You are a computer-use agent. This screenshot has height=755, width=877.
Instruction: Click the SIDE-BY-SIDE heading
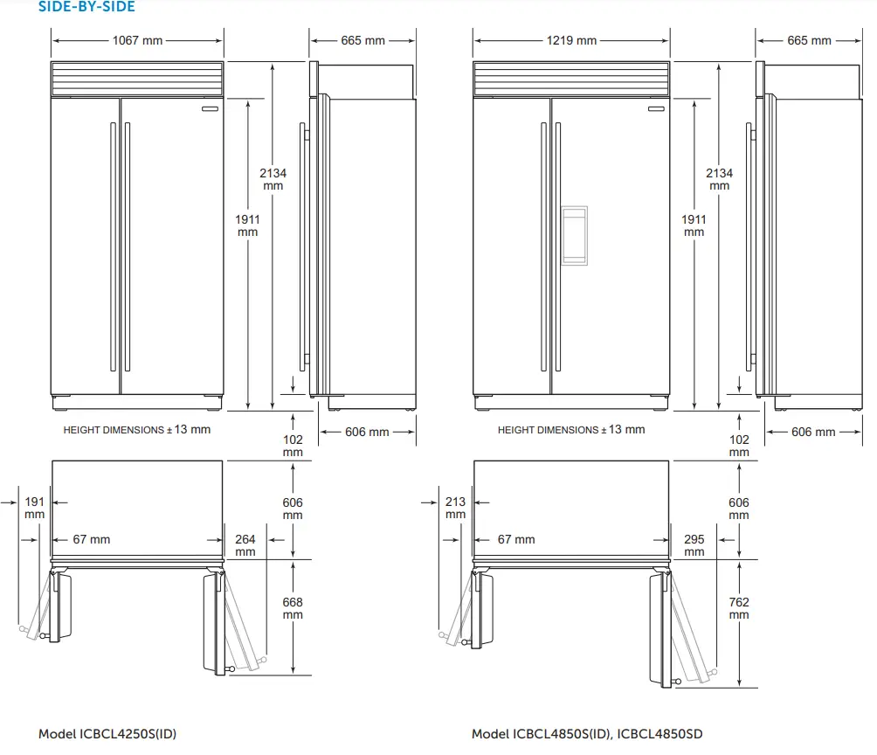click(86, 7)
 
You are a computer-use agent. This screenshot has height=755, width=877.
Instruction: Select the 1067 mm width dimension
click(137, 40)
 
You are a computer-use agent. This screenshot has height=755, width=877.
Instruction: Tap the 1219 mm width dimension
click(571, 40)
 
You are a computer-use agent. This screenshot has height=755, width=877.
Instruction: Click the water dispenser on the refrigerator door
click(574, 234)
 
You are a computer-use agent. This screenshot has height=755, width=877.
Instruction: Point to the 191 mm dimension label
click(34, 508)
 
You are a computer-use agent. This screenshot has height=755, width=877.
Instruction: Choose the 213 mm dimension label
click(455, 508)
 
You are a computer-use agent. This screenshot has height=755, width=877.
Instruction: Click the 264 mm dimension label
click(245, 545)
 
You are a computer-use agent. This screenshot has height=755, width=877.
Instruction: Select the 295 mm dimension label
click(694, 545)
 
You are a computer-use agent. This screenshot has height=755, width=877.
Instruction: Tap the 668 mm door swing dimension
click(293, 608)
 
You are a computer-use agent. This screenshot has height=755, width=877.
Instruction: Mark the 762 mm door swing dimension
click(739, 608)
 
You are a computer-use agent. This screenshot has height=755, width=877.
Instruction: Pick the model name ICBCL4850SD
click(659, 734)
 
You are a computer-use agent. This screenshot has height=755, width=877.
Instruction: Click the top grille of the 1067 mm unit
click(137, 79)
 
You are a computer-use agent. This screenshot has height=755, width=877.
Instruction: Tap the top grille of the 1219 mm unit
click(571, 79)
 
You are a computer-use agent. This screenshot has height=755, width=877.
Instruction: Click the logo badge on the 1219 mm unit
click(656, 110)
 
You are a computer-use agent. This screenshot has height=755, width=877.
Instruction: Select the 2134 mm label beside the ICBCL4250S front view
click(273, 179)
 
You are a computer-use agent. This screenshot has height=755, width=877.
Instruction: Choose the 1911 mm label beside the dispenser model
click(694, 225)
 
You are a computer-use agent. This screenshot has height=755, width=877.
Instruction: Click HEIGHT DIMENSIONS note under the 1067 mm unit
click(137, 430)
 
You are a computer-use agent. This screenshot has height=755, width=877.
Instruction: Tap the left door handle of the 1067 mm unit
click(112, 246)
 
